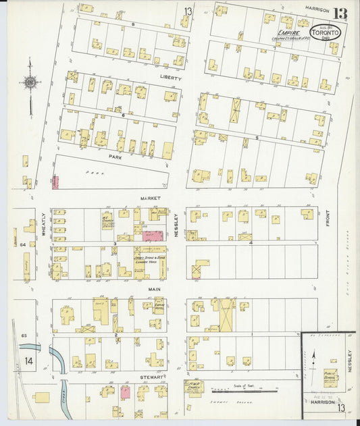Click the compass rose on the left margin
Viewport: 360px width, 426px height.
[x=30, y=83]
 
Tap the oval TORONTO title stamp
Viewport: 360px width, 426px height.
[x=326, y=32]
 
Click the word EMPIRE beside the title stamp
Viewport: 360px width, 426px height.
[x=289, y=31]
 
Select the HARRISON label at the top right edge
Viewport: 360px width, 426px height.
[x=316, y=9]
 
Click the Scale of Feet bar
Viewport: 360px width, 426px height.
[x=243, y=390]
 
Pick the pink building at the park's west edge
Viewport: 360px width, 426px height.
[x=55, y=182]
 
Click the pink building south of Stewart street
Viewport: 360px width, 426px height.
[x=125, y=392]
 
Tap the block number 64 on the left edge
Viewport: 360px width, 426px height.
[x=22, y=244]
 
